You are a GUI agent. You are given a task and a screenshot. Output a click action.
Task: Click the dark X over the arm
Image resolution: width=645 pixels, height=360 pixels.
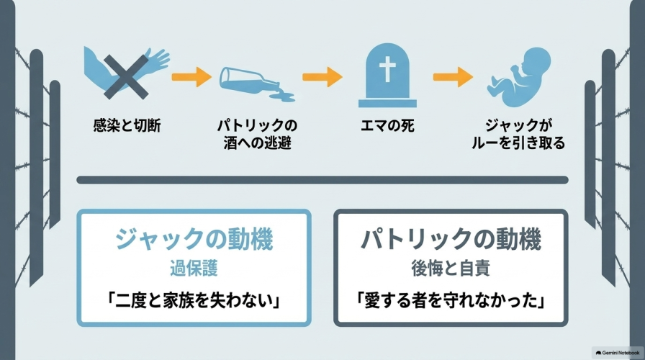[125, 77]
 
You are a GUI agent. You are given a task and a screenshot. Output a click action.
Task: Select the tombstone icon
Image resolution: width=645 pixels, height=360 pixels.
[387, 76]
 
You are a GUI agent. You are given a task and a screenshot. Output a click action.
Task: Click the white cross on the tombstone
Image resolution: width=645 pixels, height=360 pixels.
[387, 68]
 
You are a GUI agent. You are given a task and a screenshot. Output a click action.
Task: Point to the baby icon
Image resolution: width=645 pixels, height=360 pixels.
[518, 77]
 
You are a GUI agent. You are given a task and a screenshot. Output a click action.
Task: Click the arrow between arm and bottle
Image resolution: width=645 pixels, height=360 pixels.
[191, 76]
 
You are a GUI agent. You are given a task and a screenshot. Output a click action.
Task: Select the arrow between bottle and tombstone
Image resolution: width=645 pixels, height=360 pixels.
[322, 76]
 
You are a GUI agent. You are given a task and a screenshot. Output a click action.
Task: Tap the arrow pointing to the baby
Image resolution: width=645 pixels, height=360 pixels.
[453, 76]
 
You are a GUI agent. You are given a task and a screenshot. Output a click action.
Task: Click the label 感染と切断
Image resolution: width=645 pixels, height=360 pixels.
[127, 125]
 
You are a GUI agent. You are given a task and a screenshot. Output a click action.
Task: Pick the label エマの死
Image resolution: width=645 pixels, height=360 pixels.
[387, 125]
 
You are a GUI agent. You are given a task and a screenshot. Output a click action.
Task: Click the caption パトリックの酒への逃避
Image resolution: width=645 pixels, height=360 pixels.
[257, 134]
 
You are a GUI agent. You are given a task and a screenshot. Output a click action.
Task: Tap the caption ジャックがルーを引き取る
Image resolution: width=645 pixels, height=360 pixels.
[518, 134]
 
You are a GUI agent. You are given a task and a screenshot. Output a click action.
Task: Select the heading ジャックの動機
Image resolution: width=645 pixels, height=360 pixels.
[194, 239]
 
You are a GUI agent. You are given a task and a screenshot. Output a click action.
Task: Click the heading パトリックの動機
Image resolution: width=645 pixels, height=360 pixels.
[451, 239]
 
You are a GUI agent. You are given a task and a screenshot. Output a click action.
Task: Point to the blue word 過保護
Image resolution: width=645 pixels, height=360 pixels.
[194, 269]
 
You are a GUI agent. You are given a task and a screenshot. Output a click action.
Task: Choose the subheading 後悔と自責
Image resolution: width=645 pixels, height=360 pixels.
[451, 269]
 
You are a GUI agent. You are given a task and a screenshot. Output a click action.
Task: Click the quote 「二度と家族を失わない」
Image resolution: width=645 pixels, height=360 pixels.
[194, 301]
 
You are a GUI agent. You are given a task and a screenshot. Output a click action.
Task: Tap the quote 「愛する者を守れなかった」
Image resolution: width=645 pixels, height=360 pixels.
[451, 301]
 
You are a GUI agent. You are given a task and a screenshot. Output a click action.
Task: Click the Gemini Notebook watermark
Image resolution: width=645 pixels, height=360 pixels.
[618, 353]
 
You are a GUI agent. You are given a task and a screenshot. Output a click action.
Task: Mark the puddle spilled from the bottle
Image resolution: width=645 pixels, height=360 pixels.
[281, 96]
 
